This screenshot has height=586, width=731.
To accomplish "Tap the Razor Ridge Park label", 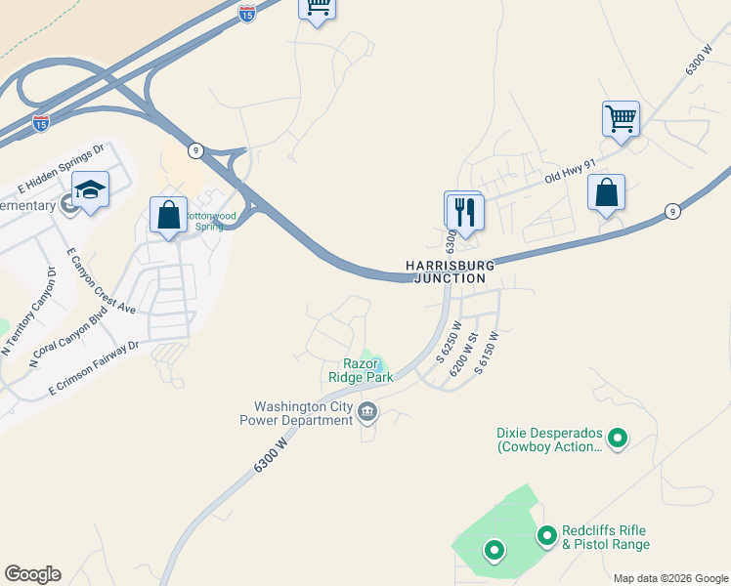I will [x=361, y=369].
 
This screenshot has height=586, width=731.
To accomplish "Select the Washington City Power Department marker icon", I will [x=367, y=411].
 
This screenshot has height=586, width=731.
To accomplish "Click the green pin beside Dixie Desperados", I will [x=617, y=439].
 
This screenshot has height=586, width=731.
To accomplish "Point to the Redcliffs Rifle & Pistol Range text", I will [x=606, y=537].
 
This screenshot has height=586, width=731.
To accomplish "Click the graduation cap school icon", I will [x=90, y=188].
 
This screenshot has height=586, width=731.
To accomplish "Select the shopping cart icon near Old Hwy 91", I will [x=621, y=119].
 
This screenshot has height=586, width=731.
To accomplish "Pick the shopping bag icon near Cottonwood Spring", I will [x=168, y=214].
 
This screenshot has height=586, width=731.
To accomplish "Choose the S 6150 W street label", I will [x=487, y=354].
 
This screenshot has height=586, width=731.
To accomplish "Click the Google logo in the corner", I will [x=32, y=574].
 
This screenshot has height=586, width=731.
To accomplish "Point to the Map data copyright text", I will [x=669, y=578].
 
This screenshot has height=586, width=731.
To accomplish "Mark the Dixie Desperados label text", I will [x=550, y=439].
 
